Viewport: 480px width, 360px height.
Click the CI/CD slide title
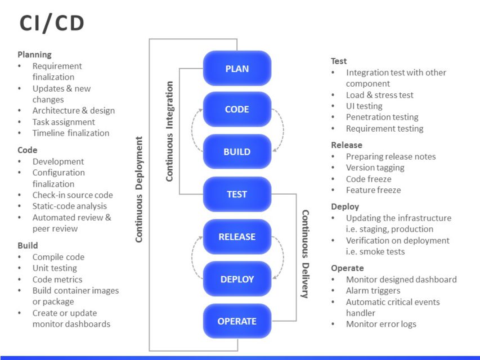(x=52, y=23)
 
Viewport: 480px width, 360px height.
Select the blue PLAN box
(x=237, y=69)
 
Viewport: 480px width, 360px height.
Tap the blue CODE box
(x=237, y=110)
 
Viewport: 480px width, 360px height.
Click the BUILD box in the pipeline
(x=237, y=152)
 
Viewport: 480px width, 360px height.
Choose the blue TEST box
(x=237, y=194)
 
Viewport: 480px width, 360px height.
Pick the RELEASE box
(x=237, y=237)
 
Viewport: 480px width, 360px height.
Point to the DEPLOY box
(x=237, y=279)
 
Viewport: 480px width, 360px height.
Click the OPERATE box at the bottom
(x=237, y=321)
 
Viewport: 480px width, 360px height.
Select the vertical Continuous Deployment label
(x=139, y=189)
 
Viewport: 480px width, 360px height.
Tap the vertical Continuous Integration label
(x=169, y=131)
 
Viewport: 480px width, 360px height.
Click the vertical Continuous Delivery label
(x=305, y=254)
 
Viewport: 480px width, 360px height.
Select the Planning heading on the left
(x=34, y=55)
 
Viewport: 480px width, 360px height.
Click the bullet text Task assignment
(x=64, y=122)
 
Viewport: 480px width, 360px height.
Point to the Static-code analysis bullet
(x=69, y=206)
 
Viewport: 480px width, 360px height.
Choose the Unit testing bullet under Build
(x=55, y=268)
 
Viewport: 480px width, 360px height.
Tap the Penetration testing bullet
(x=382, y=117)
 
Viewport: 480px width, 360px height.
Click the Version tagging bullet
(x=375, y=168)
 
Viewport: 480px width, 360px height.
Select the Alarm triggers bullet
(x=373, y=291)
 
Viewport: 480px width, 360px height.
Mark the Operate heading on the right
(x=347, y=268)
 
